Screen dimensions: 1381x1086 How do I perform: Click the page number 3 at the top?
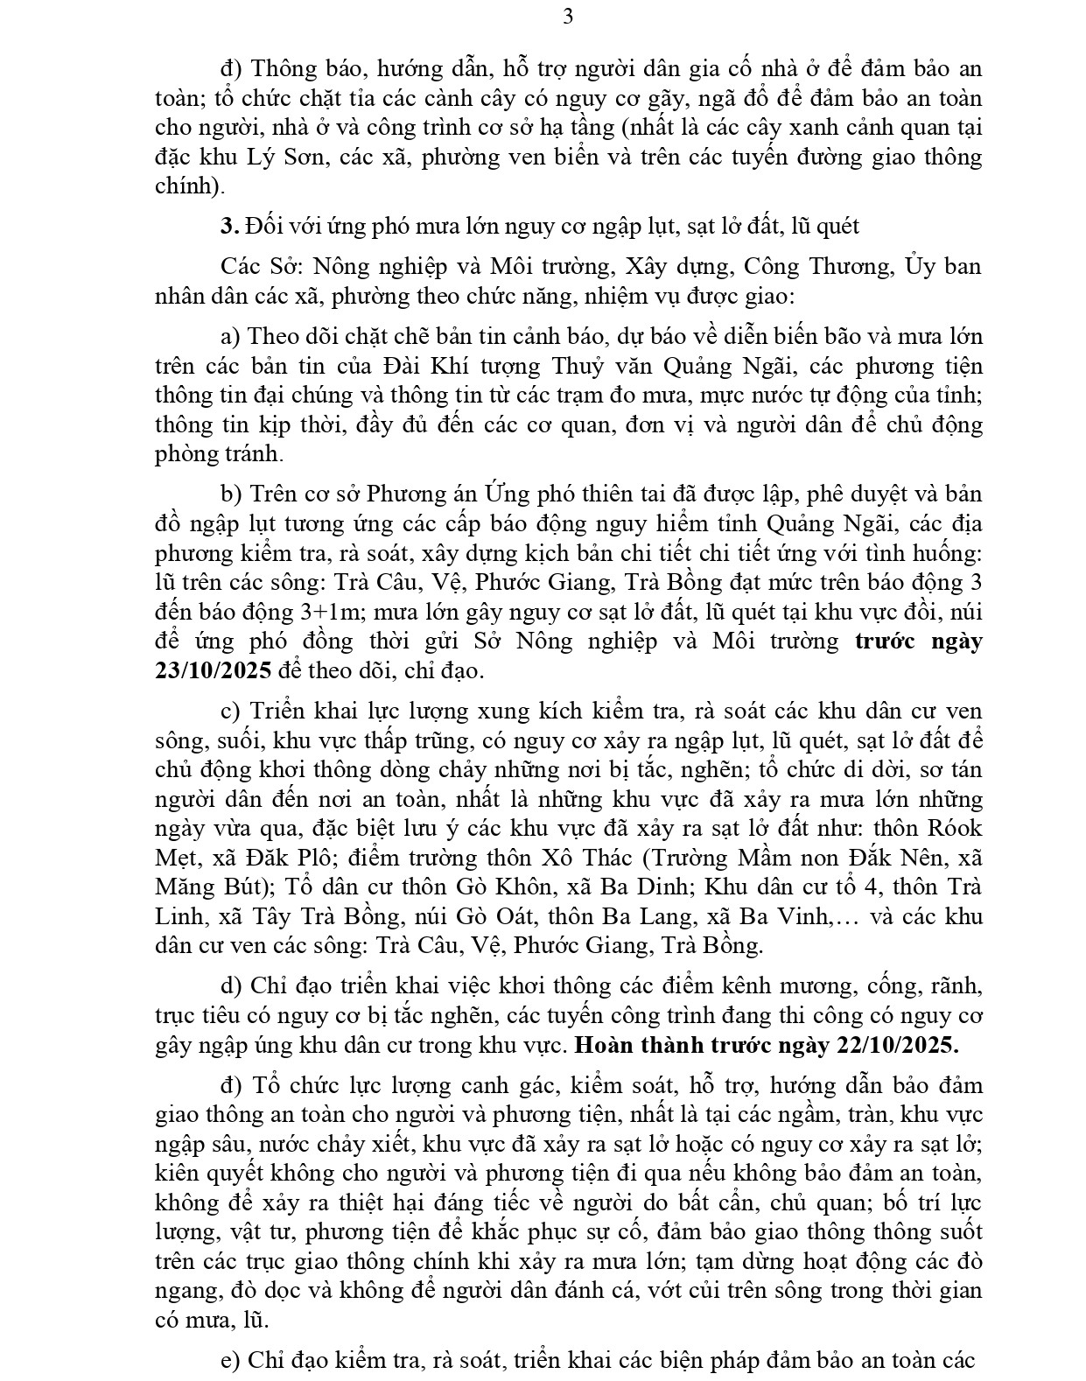[x=568, y=16]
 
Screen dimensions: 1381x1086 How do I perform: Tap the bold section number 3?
[x=229, y=226]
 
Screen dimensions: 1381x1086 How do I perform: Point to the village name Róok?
[x=954, y=828]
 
